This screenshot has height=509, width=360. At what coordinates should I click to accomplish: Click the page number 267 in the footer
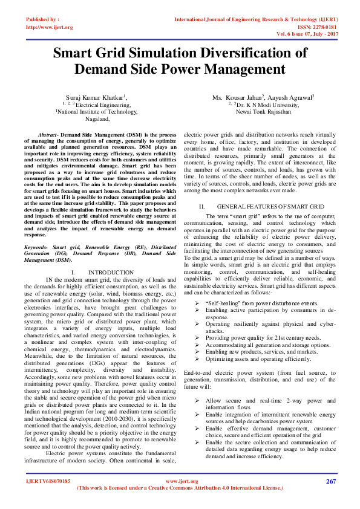coord(330,481)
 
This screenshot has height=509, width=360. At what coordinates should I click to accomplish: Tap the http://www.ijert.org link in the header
coord(50,27)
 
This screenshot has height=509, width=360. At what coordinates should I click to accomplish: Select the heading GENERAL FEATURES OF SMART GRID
coord(263,206)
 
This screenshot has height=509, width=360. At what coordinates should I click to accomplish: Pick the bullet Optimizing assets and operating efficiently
coord(259,358)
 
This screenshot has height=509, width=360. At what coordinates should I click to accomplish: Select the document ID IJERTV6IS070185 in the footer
coord(48,481)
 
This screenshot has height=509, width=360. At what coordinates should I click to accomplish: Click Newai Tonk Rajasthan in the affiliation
coord(263,112)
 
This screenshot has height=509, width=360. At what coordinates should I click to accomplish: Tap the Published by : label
coord(42,20)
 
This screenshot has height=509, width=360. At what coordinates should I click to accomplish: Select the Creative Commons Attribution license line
coord(180,488)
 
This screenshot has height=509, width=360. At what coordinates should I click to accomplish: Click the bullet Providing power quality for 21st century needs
coord(263,337)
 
